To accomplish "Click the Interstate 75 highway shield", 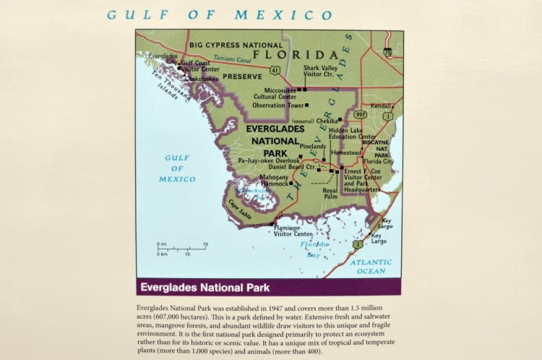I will [389, 51].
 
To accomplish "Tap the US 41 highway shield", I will [275, 70].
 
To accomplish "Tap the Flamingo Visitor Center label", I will [293, 231].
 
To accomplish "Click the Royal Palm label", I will [330, 193].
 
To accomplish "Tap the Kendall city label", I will [381, 106].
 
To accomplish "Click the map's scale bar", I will [182, 249].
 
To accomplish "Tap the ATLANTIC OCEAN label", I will [371, 267].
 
